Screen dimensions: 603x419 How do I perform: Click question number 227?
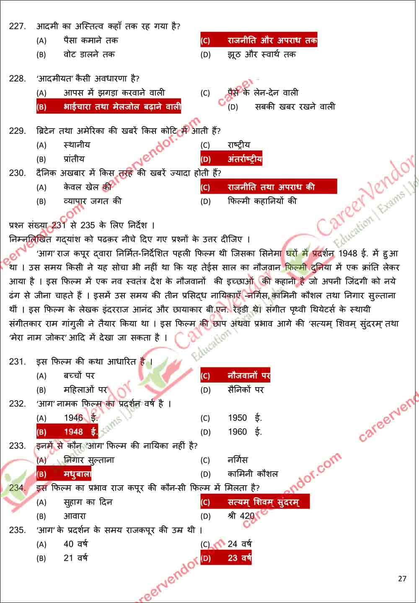click(17, 26)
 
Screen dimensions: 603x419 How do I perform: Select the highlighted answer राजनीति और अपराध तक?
click(259, 40)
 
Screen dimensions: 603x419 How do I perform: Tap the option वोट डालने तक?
click(89, 54)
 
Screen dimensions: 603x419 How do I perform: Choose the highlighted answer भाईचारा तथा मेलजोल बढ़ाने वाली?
click(109, 106)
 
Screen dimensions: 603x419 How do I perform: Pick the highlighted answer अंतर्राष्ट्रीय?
click(231, 159)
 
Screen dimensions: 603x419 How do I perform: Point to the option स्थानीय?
click(77, 145)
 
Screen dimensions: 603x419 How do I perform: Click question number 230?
click(17, 173)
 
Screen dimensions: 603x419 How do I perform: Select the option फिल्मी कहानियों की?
click(262, 201)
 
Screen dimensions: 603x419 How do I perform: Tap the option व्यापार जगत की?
click(93, 201)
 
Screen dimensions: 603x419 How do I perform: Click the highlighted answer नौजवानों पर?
click(235, 375)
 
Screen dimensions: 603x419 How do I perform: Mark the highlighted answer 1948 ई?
click(67, 432)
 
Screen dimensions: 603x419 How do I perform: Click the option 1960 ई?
click(245, 432)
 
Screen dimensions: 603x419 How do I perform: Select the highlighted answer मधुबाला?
click(64, 474)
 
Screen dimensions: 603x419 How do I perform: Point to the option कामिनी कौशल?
click(253, 474)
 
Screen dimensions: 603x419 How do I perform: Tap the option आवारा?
click(75, 516)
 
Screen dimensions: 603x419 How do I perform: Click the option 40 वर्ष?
click(75, 544)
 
